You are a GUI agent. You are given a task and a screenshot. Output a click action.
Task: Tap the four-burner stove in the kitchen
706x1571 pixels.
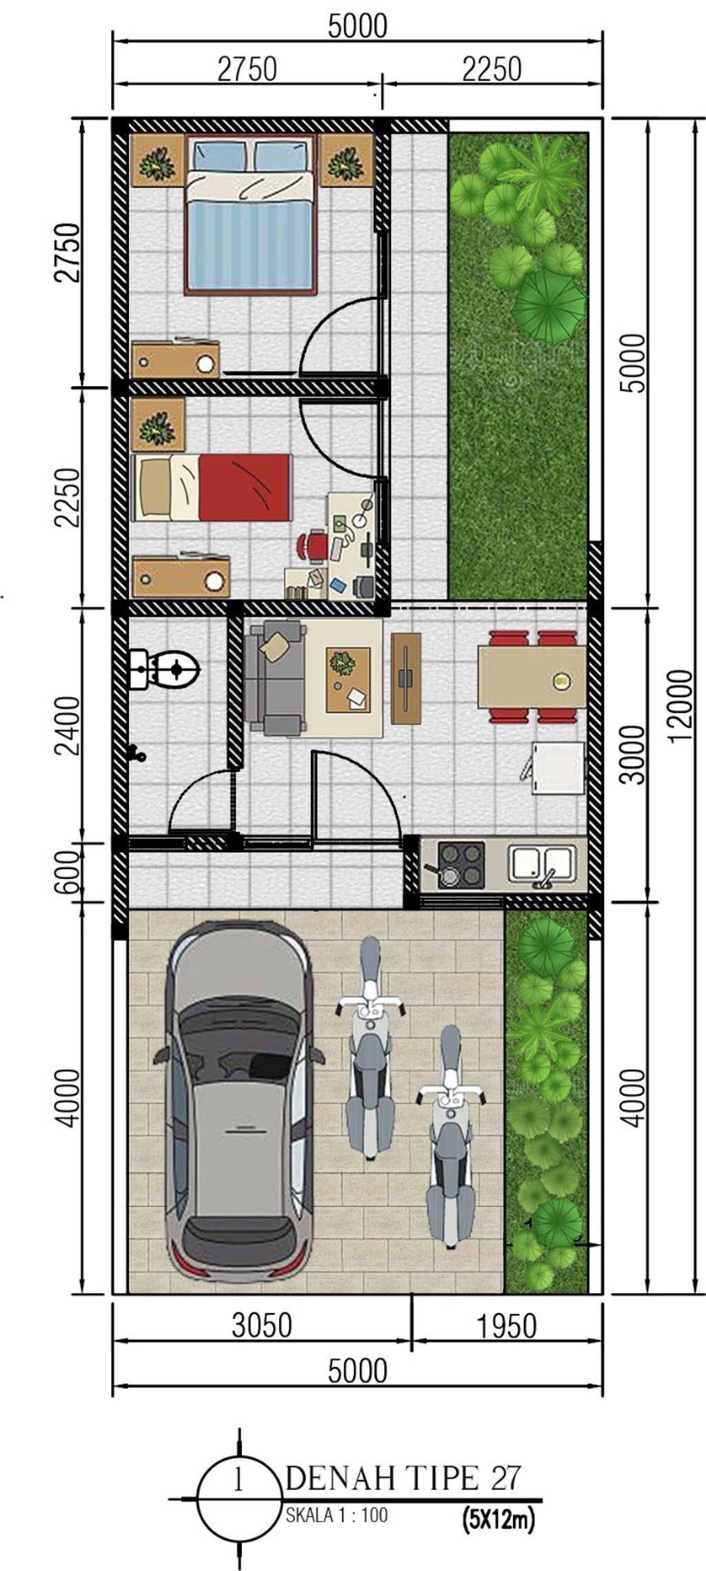coord(461,864)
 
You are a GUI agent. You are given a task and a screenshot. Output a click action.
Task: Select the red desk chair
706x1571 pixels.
coord(312,544)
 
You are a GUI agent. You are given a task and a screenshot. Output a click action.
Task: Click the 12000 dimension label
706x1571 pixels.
coord(681,705)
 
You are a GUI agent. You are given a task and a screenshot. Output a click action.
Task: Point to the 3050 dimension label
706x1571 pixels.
coord(261,1324)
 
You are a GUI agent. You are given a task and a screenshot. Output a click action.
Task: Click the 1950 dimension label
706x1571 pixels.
coord(505,1325)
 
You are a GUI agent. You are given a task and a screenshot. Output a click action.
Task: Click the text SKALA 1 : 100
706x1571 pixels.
coord(336,1514)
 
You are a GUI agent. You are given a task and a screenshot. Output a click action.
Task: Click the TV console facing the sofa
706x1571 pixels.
coord(406,678)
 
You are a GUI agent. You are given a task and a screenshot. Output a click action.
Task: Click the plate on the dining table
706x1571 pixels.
coord(561,681)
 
